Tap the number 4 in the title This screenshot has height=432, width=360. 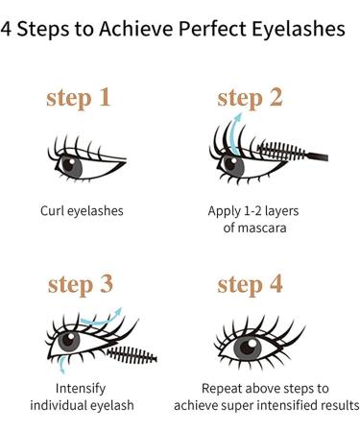8,29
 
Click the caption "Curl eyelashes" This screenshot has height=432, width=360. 82,209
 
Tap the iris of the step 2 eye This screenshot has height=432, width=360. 233,161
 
